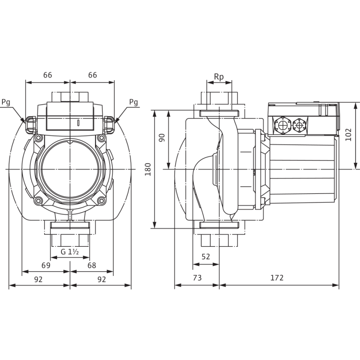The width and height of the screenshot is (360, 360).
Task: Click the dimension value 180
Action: [x=148, y=169]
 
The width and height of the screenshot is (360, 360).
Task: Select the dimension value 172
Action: [x=277, y=278]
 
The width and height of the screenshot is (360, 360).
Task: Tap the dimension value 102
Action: [x=348, y=135]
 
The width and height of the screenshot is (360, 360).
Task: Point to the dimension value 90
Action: [x=162, y=138]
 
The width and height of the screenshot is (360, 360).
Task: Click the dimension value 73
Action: [x=197, y=278]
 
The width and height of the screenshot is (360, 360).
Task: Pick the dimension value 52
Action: [x=206, y=257]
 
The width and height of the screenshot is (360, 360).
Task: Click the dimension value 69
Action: [x=46, y=265]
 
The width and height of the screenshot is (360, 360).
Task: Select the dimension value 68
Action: [x=92, y=265]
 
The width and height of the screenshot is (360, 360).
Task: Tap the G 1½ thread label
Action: [x=70, y=252]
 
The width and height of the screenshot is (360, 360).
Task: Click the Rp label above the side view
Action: [x=219, y=77]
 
